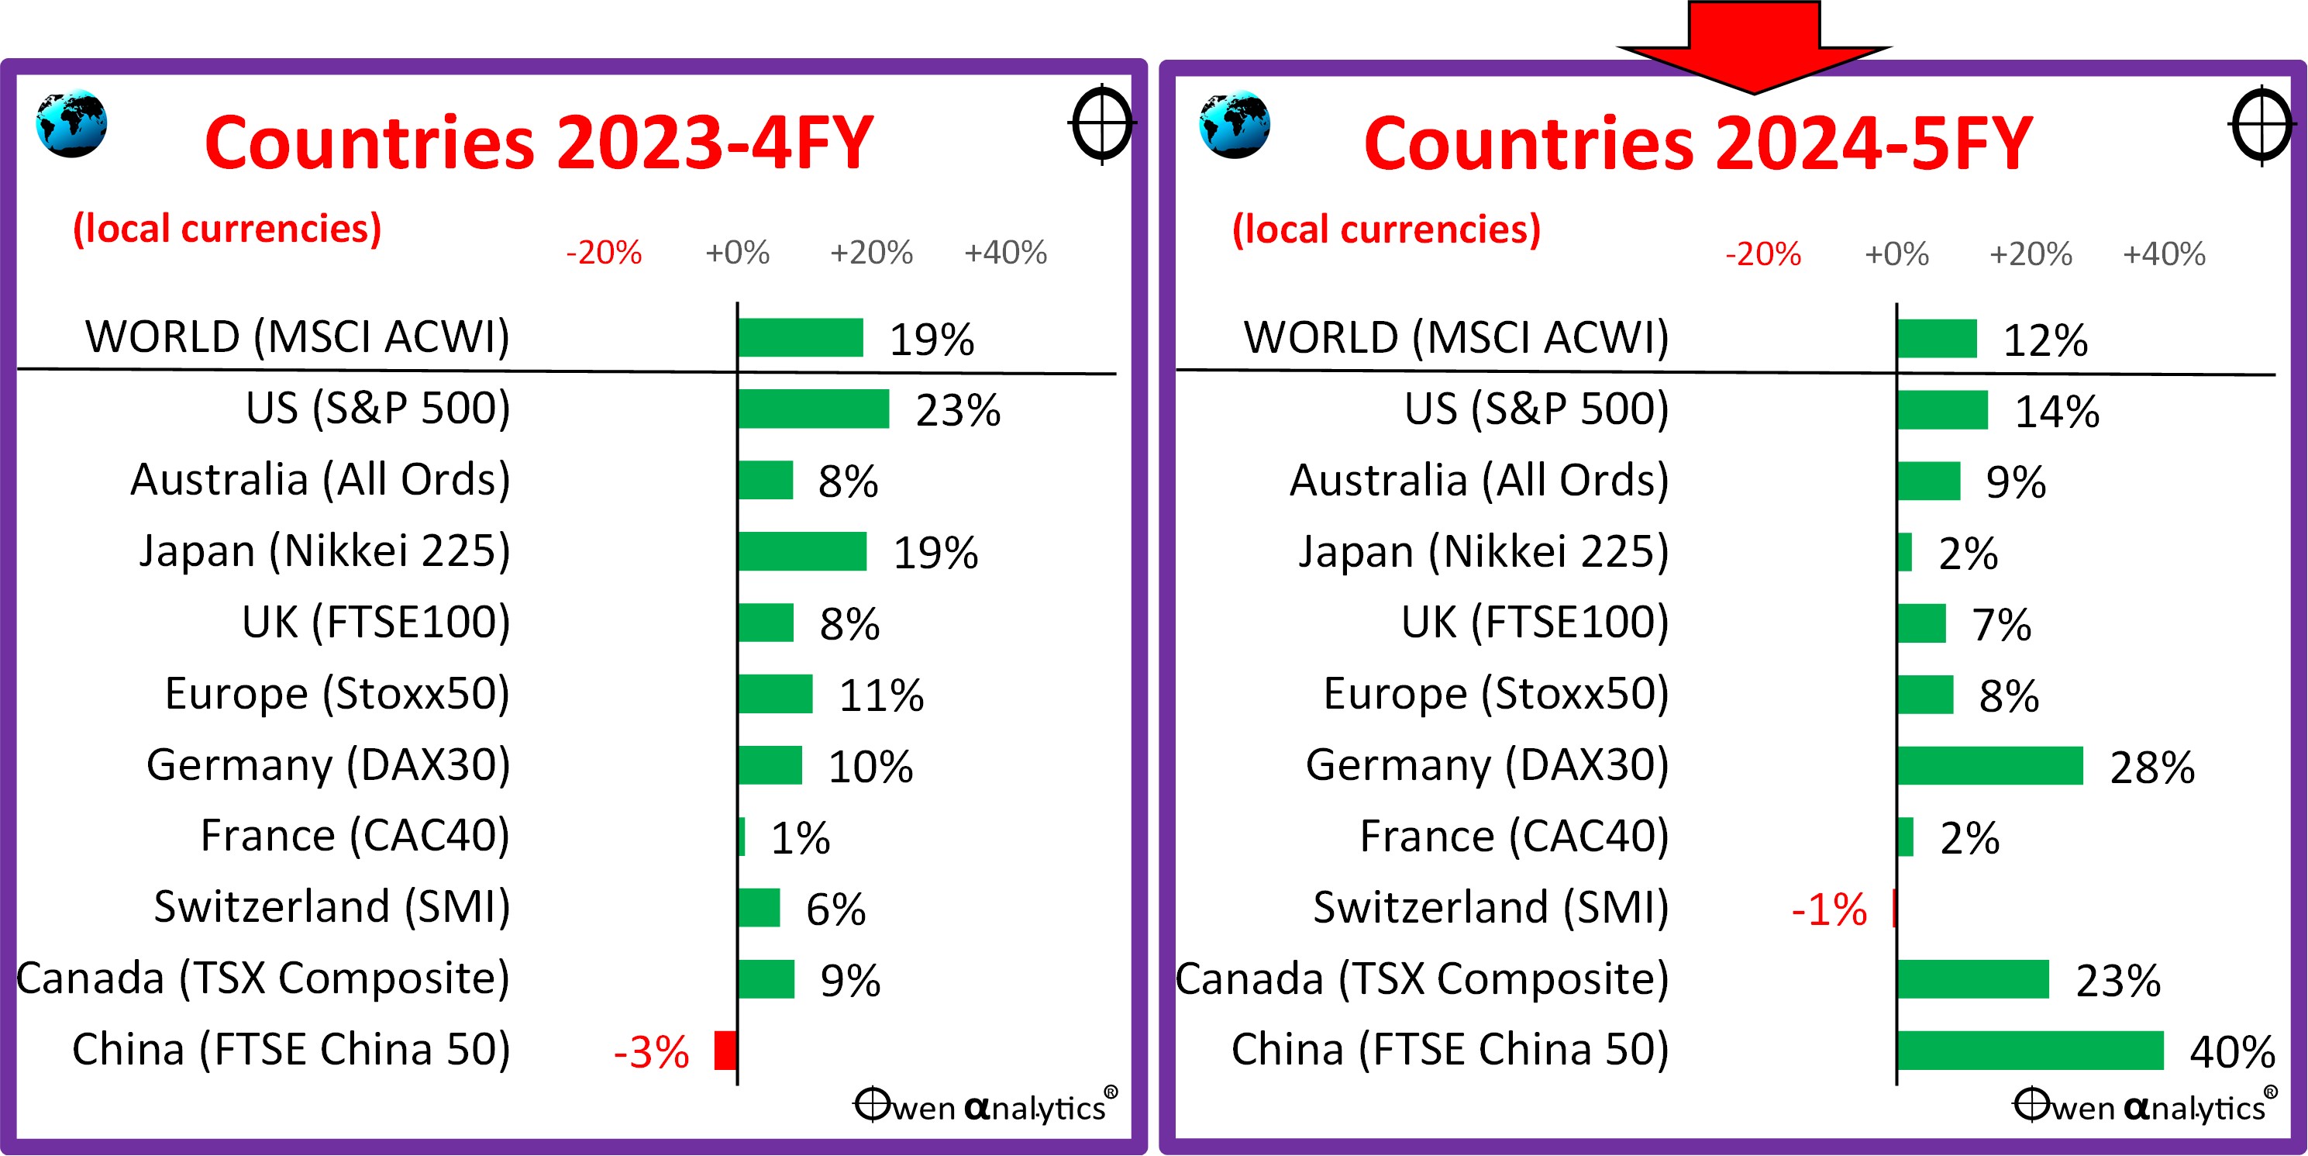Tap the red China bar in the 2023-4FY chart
tap(725, 1051)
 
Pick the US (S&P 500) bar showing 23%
tap(813, 409)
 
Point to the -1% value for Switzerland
tap(1829, 909)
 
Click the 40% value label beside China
tap(2232, 1052)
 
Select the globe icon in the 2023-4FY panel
tap(71, 124)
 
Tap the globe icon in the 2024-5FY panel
tap(1234, 125)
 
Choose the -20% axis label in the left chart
tap(604, 253)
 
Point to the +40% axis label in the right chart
tap(2164, 254)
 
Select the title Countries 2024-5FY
tap(1698, 143)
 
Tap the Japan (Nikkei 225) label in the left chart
tap(324, 550)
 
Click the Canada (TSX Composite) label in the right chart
tap(1422, 978)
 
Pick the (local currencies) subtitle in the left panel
tap(226, 229)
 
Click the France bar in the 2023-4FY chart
tap(742, 836)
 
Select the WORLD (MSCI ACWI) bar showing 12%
tap(1936, 338)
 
